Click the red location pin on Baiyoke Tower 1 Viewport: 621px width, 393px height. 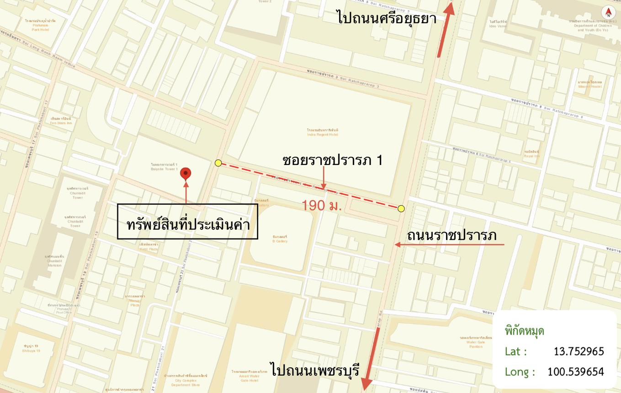click(186, 174)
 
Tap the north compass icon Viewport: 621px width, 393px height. click(608, 12)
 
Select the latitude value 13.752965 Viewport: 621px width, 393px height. click(579, 351)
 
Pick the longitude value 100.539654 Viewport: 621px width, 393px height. click(575, 372)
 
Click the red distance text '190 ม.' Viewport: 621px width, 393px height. click(322, 206)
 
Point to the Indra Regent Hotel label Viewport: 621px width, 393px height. click(322, 133)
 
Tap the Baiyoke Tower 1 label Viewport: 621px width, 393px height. click(164, 167)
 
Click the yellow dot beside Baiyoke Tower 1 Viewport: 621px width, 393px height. click(218, 163)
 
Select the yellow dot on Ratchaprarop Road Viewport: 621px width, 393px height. click(401, 209)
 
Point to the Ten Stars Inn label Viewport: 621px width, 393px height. click(61, 121)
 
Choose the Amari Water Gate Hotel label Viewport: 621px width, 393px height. click(249, 376)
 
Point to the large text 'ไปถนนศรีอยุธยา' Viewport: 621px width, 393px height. click(387, 18)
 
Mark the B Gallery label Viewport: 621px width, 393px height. click(280, 239)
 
